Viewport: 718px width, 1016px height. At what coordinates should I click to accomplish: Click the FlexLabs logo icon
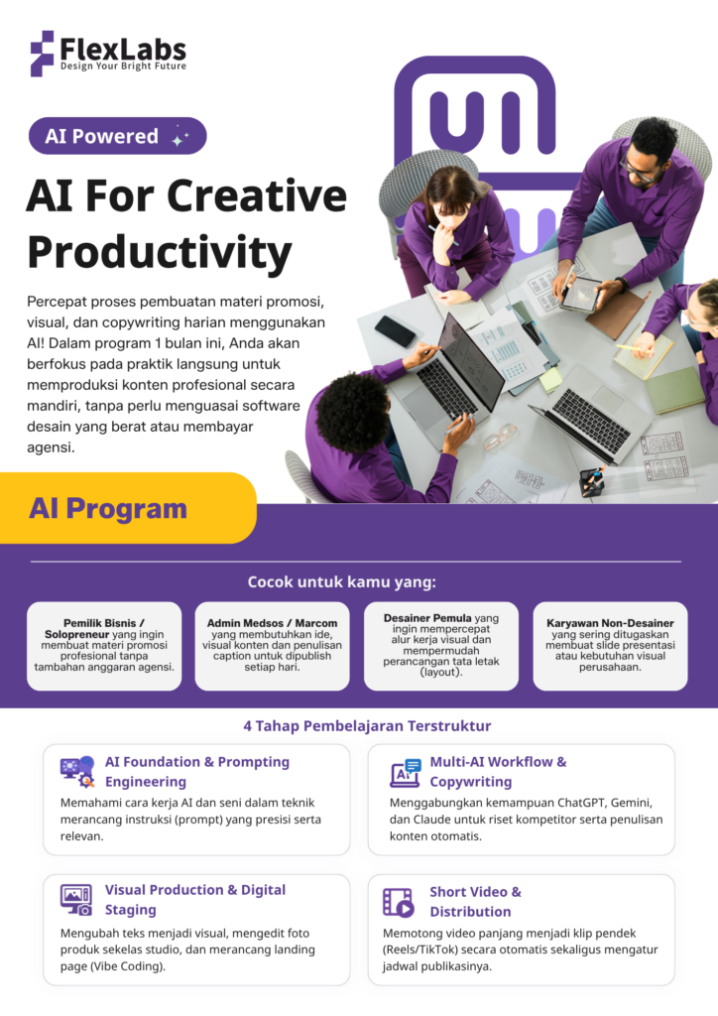pos(42,54)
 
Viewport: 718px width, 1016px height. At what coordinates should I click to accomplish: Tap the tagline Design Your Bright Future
pos(123,66)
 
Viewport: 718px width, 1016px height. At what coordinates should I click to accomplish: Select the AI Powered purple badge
pos(117,136)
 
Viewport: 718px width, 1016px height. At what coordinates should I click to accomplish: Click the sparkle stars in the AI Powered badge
pos(179,137)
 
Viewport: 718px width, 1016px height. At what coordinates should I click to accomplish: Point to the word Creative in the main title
pos(257,195)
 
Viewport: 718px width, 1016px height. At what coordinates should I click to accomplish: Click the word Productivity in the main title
pos(160,253)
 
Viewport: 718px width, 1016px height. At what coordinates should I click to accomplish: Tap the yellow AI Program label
pos(128,508)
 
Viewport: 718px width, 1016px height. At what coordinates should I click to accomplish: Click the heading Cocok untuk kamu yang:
pos(342,581)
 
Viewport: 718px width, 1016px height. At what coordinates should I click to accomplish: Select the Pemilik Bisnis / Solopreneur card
pos(104,646)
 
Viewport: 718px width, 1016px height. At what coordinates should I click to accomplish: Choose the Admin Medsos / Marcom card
pos(272,646)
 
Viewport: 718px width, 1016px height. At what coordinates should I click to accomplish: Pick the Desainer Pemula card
pos(441,646)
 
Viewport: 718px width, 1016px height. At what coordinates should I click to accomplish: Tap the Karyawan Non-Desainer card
pos(610,646)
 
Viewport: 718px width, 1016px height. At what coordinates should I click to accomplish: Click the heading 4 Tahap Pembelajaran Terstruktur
pos(367,725)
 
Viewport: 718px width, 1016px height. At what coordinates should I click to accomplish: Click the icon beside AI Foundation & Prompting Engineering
pos(77,771)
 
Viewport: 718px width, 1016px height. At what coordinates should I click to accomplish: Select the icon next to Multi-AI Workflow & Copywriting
pos(406,772)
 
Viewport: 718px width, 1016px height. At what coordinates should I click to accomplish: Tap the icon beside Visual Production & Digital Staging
pos(76,900)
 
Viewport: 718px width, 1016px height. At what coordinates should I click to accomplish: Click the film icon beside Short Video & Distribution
pos(398,902)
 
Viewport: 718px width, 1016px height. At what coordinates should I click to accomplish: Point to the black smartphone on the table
pos(395,331)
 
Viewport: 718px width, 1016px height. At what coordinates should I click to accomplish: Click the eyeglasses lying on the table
pos(500,437)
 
